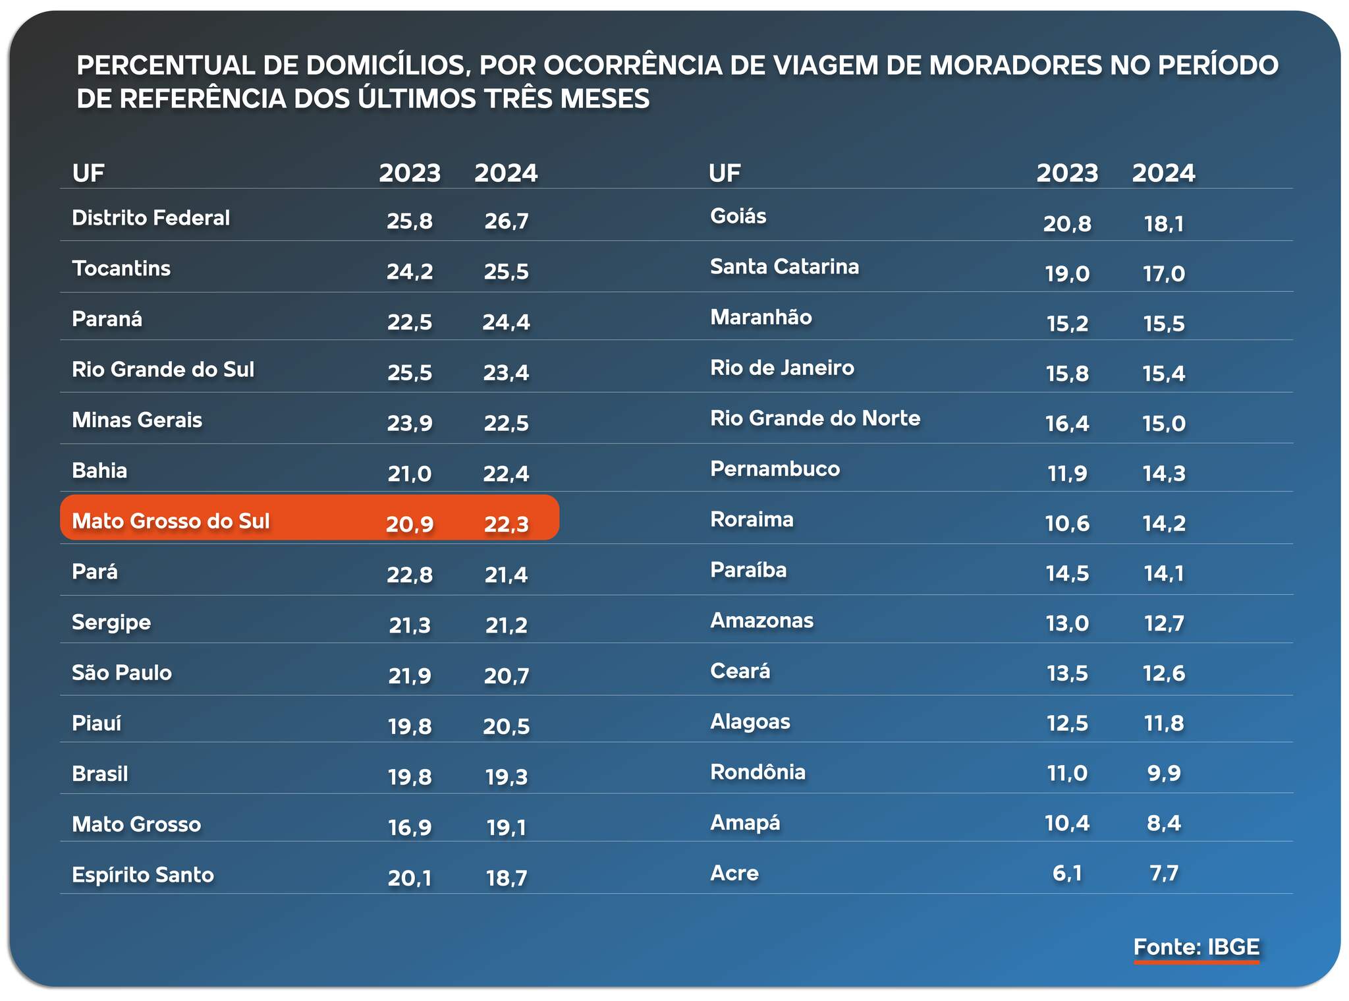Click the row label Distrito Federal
[151, 218]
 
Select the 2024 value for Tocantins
[506, 272]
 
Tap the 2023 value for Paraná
[409, 322]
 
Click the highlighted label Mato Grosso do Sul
[171, 521]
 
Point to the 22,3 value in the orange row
[506, 524]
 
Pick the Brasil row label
[100, 774]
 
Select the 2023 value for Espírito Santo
[409, 878]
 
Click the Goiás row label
[738, 216]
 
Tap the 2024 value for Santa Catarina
[1163, 273]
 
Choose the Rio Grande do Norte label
[815, 418]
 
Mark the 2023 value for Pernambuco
[1067, 473]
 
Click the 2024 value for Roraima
[1163, 523]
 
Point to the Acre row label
[734, 873]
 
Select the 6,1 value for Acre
[1067, 873]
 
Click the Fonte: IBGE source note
[1196, 947]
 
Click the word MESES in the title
[604, 99]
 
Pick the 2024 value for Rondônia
[1163, 772]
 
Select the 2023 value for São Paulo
[409, 675]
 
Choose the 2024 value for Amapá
[1163, 822]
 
